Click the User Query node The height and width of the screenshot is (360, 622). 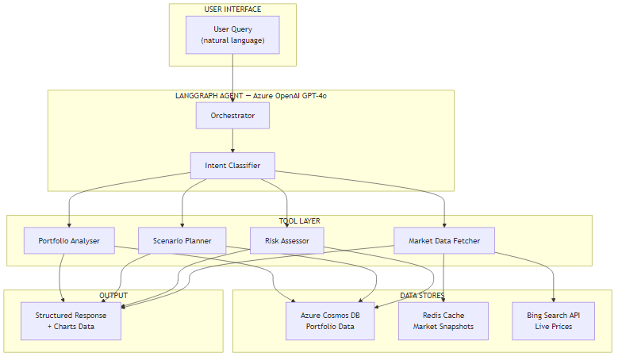[232, 35]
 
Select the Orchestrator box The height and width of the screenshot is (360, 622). [232, 116]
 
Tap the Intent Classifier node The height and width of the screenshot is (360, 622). [232, 166]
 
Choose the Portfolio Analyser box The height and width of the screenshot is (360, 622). [69, 240]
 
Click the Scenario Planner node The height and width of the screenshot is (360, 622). [182, 240]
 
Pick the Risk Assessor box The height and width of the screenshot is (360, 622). [286, 240]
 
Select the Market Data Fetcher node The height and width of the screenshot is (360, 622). [444, 240]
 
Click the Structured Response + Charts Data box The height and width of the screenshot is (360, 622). [71, 320]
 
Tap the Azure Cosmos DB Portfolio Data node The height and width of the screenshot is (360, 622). [330, 320]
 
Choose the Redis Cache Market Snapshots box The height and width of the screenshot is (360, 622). [443, 320]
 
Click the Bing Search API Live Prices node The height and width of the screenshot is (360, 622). [553, 320]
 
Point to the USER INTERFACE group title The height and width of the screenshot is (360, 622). [232, 10]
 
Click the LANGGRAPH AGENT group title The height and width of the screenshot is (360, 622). [251, 96]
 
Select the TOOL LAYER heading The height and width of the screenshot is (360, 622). [299, 221]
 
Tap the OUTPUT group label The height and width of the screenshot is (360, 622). [113, 296]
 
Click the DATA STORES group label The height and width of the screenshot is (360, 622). [421, 296]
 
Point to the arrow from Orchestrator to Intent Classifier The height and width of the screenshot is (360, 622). [232, 140]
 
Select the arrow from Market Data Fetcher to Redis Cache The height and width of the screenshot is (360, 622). [443, 278]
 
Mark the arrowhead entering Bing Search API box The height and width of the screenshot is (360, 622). [553, 298]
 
